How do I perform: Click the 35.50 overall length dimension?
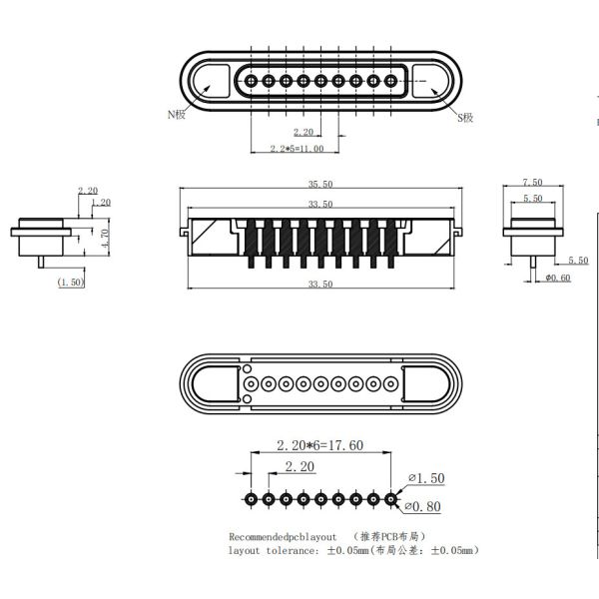[320, 185]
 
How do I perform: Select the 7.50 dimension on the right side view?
[533, 183]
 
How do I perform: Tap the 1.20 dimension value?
[101, 203]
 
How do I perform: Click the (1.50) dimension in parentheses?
[71, 283]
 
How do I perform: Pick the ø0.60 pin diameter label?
[557, 277]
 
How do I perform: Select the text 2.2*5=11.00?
[297, 149]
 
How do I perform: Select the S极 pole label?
[465, 118]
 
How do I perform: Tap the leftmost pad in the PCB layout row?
[252, 498]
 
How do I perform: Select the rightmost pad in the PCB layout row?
[390, 498]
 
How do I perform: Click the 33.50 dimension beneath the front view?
[320, 285]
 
